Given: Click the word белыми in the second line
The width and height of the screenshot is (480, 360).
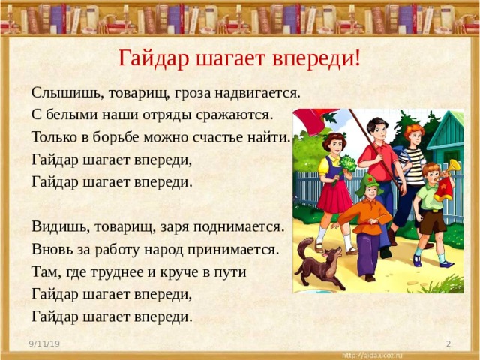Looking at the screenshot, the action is (73, 115).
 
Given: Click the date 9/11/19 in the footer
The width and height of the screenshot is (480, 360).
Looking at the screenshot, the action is (44, 343).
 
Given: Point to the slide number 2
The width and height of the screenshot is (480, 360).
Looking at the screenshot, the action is (448, 343).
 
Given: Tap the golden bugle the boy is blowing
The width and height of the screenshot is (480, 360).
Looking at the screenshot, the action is (449, 169).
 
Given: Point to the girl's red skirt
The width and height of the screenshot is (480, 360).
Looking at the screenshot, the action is (334, 197).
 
